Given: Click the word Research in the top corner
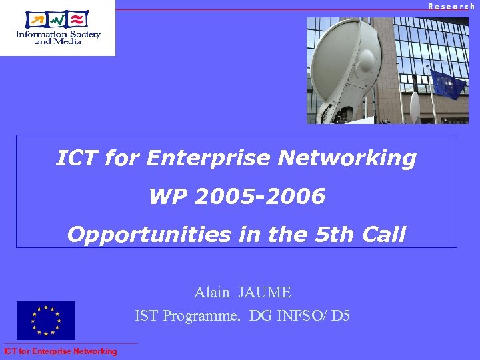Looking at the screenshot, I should pyautogui.click(x=451, y=6).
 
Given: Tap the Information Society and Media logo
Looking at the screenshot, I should pyautogui.click(x=57, y=27).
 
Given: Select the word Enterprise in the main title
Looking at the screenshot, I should pyautogui.click(x=209, y=159).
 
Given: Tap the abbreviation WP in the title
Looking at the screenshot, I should pyautogui.click(x=165, y=197).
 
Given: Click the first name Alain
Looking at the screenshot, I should pyautogui.click(x=212, y=292).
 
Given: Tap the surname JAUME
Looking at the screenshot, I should pyautogui.click(x=265, y=292).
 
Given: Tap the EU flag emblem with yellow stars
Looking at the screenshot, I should pyautogui.click(x=46, y=321).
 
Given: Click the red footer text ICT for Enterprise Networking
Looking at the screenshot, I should pyautogui.click(x=60, y=351).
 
